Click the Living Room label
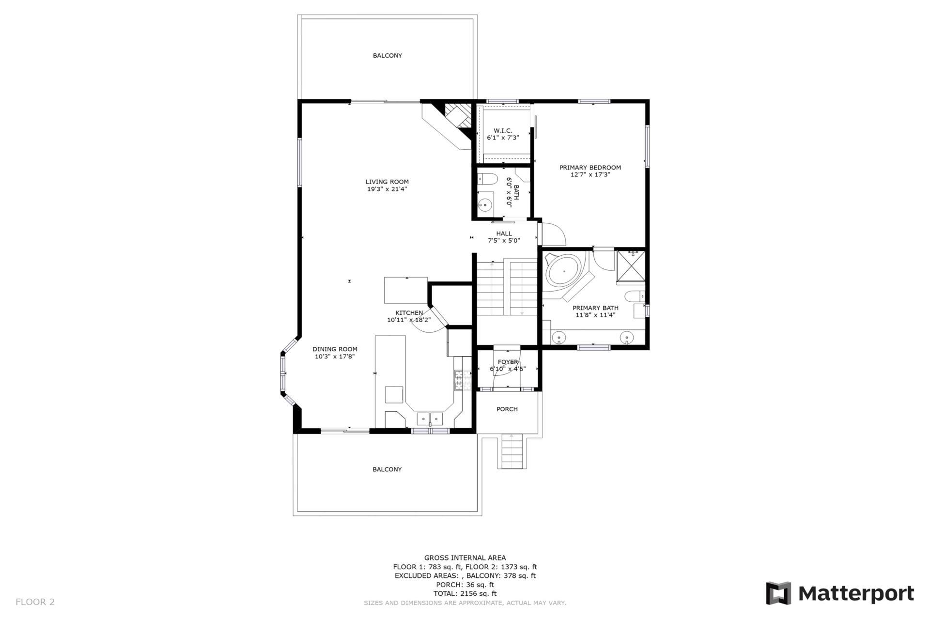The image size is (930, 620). coord(387,182)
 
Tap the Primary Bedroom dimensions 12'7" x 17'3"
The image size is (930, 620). coord(590,175)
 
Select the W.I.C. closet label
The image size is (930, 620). coord(503,131)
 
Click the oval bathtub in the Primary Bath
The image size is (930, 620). coord(564,271)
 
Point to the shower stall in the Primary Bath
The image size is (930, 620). coord(631,266)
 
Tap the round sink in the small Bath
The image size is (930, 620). coord(485,206)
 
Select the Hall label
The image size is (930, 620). coord(504,233)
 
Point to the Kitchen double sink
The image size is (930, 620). coord(430,418)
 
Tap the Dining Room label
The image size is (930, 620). coord(335,349)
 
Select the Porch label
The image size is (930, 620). coord(507,409)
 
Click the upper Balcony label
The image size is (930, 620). coord(387,56)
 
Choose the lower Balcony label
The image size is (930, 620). coord(387,469)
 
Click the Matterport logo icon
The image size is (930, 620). coord(778,593)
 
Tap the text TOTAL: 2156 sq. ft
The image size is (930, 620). coord(465,593)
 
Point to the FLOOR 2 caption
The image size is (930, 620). coord(35,602)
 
